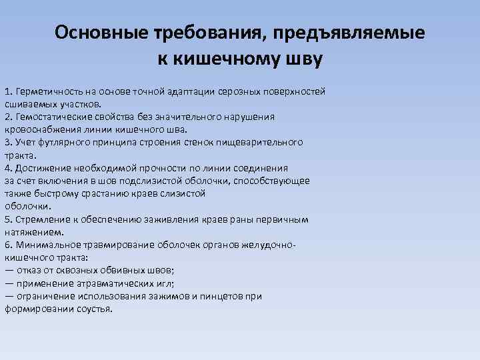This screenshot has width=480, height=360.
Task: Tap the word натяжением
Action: (x=33, y=232)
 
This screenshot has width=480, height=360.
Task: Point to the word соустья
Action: (x=96, y=309)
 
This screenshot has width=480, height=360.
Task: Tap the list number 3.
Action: (x=7, y=142)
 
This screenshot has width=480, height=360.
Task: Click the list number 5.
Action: (x=7, y=219)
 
